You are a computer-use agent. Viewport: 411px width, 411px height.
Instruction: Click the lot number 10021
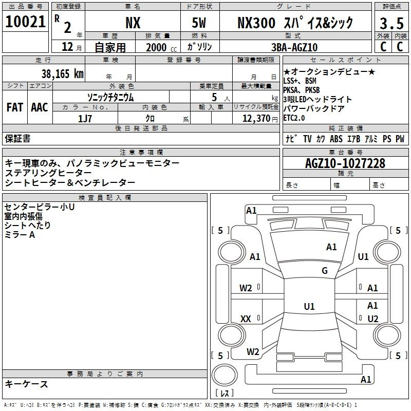tap(25, 22)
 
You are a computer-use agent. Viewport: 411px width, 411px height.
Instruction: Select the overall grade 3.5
tap(391, 24)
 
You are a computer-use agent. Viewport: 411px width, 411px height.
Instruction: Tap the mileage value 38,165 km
tap(62, 73)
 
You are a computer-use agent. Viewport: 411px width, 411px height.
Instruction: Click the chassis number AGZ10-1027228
tap(345, 163)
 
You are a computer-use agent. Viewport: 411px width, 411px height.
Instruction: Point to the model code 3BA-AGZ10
tap(294, 47)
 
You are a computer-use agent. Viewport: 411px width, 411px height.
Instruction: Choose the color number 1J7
tap(85, 119)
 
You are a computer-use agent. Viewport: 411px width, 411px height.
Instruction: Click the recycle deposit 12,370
tap(256, 119)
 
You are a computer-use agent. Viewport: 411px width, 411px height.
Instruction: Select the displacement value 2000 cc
tap(161, 48)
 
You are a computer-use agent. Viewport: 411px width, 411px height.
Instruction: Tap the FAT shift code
tap(15, 107)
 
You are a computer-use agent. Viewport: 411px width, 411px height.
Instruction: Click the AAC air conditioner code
tap(40, 107)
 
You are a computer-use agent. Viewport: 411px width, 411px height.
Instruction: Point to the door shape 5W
tap(199, 23)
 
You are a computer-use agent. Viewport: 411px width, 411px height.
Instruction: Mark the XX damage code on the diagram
tap(246, 319)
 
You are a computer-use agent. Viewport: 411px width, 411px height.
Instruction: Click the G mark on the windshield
tap(325, 270)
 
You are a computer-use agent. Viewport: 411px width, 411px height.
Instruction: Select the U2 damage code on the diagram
tap(373, 319)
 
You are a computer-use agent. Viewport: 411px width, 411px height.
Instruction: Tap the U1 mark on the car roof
tap(309, 306)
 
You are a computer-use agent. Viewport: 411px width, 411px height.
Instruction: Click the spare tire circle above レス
tap(225, 375)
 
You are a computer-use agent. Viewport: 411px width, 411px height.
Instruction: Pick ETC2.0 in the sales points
tap(294, 118)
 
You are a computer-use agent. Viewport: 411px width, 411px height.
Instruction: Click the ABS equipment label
tap(336, 139)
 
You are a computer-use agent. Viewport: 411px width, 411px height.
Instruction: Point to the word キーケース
tap(27, 384)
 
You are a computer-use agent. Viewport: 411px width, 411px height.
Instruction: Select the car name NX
tap(133, 23)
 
